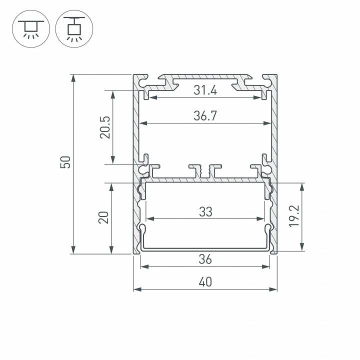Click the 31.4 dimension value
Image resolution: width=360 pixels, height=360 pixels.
click(x=205, y=91)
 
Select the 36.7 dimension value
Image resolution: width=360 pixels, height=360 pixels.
click(x=205, y=116)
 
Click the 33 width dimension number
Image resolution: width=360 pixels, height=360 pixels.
click(x=205, y=211)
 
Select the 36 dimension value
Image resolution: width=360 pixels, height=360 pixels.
click(x=205, y=259)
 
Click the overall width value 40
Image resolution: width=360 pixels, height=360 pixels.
click(x=205, y=282)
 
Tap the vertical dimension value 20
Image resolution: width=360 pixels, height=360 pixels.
click(x=103, y=218)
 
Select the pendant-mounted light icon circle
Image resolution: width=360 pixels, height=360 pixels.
click(x=74, y=30)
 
